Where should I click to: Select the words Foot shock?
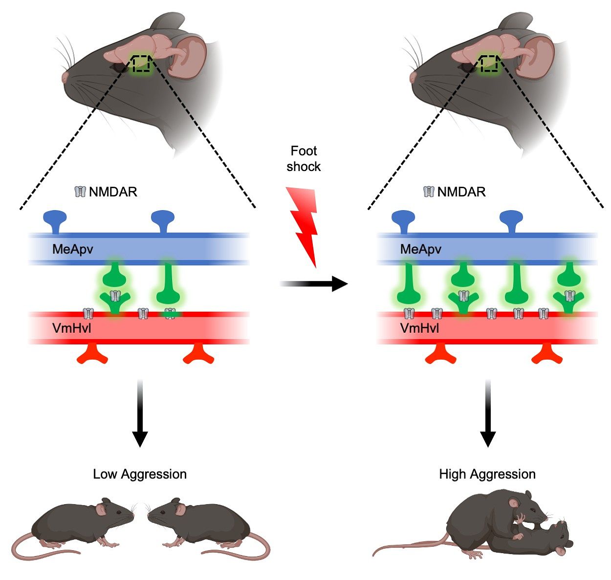(304, 159)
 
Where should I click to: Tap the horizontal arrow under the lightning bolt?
(313, 283)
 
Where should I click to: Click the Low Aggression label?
(140, 474)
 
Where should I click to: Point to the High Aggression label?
(487, 474)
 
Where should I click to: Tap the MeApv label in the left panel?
(72, 249)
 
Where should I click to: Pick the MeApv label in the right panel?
(420, 249)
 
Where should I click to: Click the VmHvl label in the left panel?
(71, 328)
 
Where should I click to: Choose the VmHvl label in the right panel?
(419, 328)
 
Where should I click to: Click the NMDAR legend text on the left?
(113, 192)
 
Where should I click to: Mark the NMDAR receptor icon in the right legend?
(429, 192)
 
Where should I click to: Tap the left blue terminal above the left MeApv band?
(55, 219)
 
